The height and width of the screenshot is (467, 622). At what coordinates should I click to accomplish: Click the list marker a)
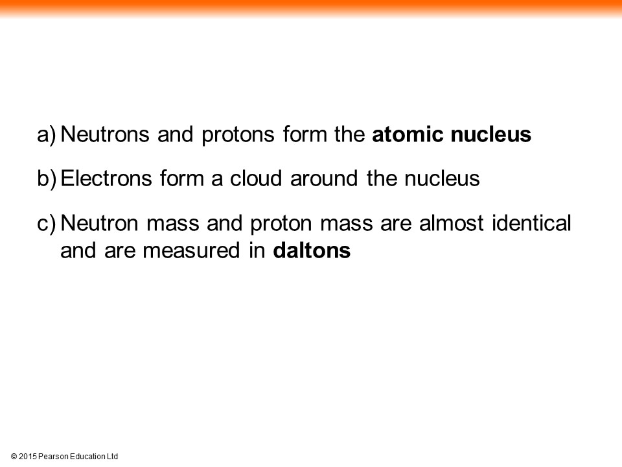click(47, 135)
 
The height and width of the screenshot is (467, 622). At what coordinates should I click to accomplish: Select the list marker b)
click(47, 178)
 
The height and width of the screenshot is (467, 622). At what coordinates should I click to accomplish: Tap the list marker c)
click(47, 223)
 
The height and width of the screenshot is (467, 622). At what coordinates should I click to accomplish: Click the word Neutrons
click(105, 134)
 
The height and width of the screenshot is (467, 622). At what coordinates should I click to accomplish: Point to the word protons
click(238, 136)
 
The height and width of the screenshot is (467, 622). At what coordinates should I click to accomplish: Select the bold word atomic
click(408, 134)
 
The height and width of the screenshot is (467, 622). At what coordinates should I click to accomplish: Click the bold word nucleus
click(490, 134)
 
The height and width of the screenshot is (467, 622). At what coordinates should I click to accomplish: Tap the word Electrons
click(106, 178)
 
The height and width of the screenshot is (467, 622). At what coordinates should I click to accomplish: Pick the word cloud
click(256, 178)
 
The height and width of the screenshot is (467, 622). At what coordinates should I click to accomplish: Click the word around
click(324, 178)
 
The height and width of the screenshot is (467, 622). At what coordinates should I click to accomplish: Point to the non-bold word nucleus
click(442, 178)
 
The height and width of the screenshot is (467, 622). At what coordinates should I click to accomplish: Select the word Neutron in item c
click(100, 222)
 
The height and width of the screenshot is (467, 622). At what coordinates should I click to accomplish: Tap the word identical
click(531, 222)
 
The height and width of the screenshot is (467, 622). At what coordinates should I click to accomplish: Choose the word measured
click(191, 250)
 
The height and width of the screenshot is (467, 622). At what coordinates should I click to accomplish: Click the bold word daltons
click(312, 250)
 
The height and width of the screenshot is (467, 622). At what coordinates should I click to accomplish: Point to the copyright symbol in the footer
click(14, 457)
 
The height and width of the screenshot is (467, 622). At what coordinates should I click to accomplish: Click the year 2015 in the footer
click(27, 457)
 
